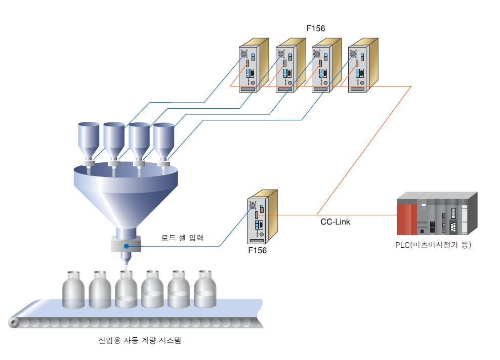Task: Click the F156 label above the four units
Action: tap(316, 28)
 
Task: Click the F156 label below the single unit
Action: tap(258, 250)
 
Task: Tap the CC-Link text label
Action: tap(335, 221)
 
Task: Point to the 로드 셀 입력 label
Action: tap(182, 237)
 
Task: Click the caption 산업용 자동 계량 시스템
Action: tap(139, 340)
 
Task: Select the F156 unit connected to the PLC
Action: tap(261, 217)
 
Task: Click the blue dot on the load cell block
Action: tap(126, 246)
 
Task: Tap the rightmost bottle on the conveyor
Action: tap(205, 290)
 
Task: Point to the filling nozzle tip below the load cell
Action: tap(124, 263)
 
